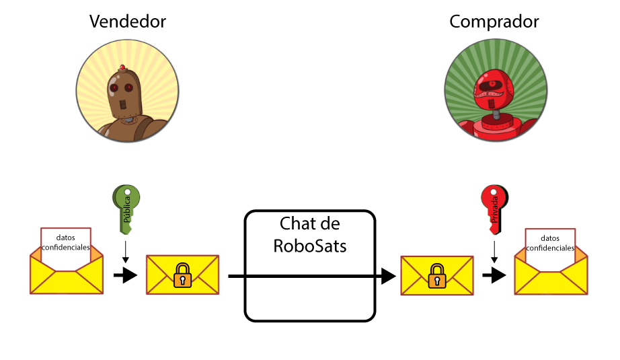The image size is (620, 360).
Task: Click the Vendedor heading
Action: click(x=128, y=22)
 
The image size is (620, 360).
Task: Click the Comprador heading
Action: click(x=494, y=22)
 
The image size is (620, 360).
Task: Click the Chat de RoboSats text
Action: click(x=310, y=234)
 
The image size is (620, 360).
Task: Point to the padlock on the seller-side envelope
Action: click(x=182, y=276)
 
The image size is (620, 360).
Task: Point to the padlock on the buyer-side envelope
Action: click(x=436, y=276)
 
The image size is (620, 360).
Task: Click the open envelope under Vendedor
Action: click(x=66, y=269)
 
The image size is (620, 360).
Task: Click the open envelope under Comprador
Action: click(x=550, y=269)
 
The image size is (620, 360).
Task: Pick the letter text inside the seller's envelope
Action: click(x=66, y=242)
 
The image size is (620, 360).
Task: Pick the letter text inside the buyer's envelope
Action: click(x=550, y=243)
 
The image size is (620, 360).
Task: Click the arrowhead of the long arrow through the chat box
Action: click(x=388, y=275)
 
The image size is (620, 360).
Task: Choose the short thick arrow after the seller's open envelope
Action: click(x=125, y=275)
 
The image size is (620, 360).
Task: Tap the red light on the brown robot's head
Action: click(x=122, y=67)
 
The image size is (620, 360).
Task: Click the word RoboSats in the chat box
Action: click(x=310, y=246)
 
